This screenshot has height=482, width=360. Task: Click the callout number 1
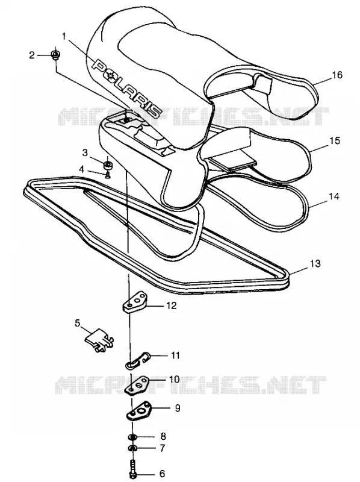(x=64, y=36)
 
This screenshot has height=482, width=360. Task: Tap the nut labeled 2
(x=56, y=55)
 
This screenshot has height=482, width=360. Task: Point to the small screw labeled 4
(x=108, y=175)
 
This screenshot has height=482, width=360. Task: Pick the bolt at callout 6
(x=133, y=468)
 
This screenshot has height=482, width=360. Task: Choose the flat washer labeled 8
(x=132, y=437)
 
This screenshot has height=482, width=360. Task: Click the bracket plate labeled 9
(x=138, y=412)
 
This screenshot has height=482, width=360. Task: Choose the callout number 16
(x=337, y=75)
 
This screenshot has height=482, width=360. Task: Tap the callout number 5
(x=77, y=323)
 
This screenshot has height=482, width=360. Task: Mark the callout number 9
(x=178, y=408)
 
